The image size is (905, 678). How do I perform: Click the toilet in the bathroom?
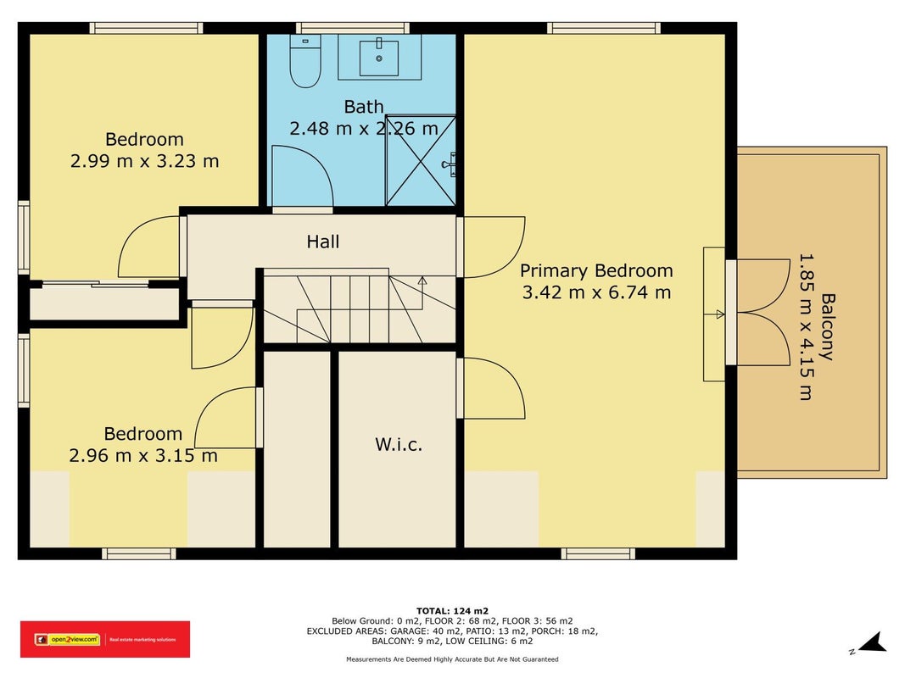[304, 60]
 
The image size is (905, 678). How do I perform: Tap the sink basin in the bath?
[378, 58]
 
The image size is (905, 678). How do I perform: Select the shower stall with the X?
[421, 161]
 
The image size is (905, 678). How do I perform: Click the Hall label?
[322, 242]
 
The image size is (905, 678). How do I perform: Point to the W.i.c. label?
[399, 444]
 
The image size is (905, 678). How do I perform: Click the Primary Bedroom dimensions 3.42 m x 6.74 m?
[596, 292]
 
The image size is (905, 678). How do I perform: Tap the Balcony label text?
[828, 327]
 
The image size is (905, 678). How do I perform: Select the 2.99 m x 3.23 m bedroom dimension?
[144, 161]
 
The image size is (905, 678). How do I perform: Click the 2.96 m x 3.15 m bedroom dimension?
[143, 455]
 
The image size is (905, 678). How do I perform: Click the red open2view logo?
[105, 639]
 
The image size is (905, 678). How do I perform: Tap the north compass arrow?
[872, 643]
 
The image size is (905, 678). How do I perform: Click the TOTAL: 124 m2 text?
[452, 611]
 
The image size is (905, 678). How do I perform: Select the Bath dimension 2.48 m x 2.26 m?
[364, 128]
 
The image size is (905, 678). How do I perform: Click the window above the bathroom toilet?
[353, 28]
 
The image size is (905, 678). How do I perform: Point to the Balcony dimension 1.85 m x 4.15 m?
[806, 327]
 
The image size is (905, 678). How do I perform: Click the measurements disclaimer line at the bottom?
[452, 659]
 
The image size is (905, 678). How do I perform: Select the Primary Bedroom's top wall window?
[604, 28]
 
